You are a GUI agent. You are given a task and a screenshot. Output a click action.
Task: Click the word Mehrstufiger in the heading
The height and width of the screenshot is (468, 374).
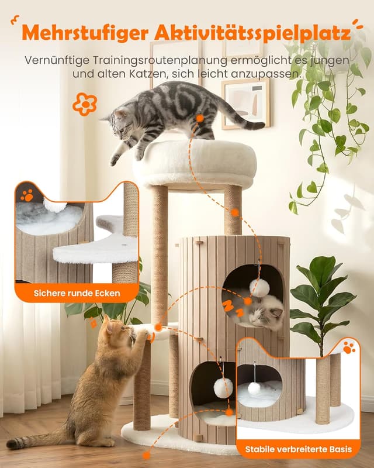(x=85, y=33)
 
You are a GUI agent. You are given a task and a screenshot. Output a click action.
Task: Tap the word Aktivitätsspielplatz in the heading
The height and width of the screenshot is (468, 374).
(x=252, y=33)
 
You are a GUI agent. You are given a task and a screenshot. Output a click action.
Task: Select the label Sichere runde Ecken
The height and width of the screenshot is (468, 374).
(x=77, y=293)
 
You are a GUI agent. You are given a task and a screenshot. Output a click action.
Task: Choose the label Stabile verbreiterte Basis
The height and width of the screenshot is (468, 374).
(x=299, y=449)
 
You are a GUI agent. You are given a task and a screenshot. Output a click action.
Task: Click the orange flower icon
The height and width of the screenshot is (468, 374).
(x=85, y=104)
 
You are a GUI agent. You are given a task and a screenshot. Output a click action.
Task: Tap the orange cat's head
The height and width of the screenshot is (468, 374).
(x=118, y=329)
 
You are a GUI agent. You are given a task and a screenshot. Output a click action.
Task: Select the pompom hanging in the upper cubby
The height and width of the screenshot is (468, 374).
(x=259, y=288)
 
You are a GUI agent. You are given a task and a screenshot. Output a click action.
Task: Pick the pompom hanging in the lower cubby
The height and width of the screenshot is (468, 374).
(x=223, y=388)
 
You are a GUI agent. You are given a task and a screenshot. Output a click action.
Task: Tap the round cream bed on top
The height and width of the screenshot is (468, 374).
(x=195, y=164)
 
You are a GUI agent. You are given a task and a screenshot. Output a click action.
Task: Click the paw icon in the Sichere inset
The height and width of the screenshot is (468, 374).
(x=27, y=195)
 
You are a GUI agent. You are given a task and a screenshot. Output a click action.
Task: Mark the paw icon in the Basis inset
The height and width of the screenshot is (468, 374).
(x=348, y=347)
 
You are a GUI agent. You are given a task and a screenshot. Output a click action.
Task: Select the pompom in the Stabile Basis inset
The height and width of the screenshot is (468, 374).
(x=254, y=388)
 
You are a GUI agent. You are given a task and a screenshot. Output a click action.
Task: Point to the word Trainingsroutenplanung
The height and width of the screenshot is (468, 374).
(x=160, y=60)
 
